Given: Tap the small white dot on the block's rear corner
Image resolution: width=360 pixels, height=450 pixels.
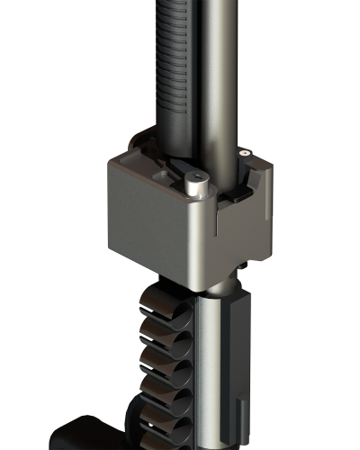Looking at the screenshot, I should pyautogui.click(x=243, y=154).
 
